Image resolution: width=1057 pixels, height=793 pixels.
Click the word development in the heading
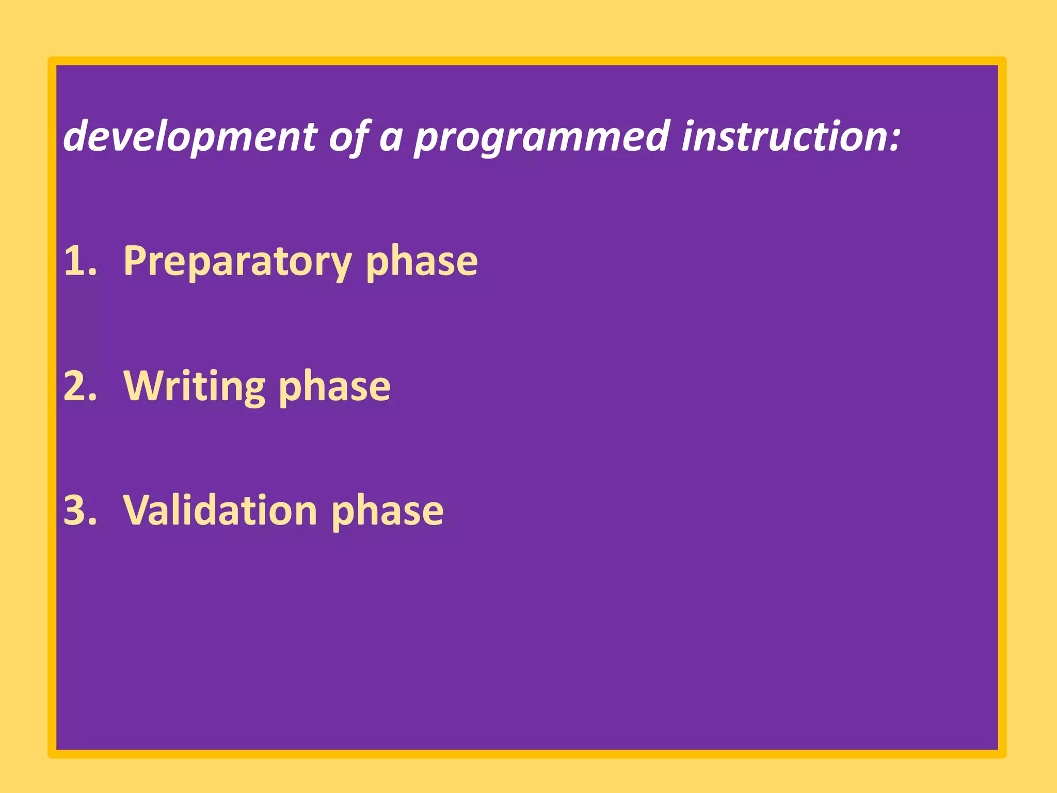[190, 137]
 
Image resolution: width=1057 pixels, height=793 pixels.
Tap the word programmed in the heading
[542, 137]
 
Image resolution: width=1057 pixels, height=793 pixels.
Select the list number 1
[79, 261]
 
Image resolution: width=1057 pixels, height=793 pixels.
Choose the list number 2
[80, 386]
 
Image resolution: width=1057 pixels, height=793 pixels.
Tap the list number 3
[80, 510]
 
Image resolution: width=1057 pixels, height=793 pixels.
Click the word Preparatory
[237, 262]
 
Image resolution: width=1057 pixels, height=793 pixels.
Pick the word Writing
[194, 387]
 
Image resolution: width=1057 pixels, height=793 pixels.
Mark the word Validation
[220, 510]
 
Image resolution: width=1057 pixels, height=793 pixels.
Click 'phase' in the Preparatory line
[421, 262]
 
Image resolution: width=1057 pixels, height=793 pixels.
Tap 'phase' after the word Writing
[334, 387]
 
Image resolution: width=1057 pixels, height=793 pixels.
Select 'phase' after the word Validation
[387, 511]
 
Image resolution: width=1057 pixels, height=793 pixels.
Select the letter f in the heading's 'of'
[361, 137]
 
